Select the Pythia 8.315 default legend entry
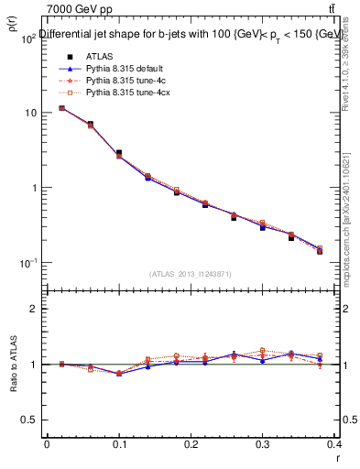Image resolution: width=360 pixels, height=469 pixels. pyautogui.click(x=109, y=69)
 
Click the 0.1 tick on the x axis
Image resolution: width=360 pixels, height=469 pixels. pyautogui.click(x=119, y=443)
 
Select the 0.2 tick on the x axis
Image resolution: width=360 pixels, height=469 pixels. pyautogui.click(x=191, y=443)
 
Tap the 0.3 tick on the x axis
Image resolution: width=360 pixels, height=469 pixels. pyautogui.click(x=264, y=443)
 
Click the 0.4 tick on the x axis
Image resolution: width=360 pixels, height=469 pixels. pyautogui.click(x=334, y=443)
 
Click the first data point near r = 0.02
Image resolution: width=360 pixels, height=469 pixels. pyautogui.click(x=61, y=108)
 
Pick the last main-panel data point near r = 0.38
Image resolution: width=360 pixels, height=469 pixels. pyautogui.click(x=320, y=250)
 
